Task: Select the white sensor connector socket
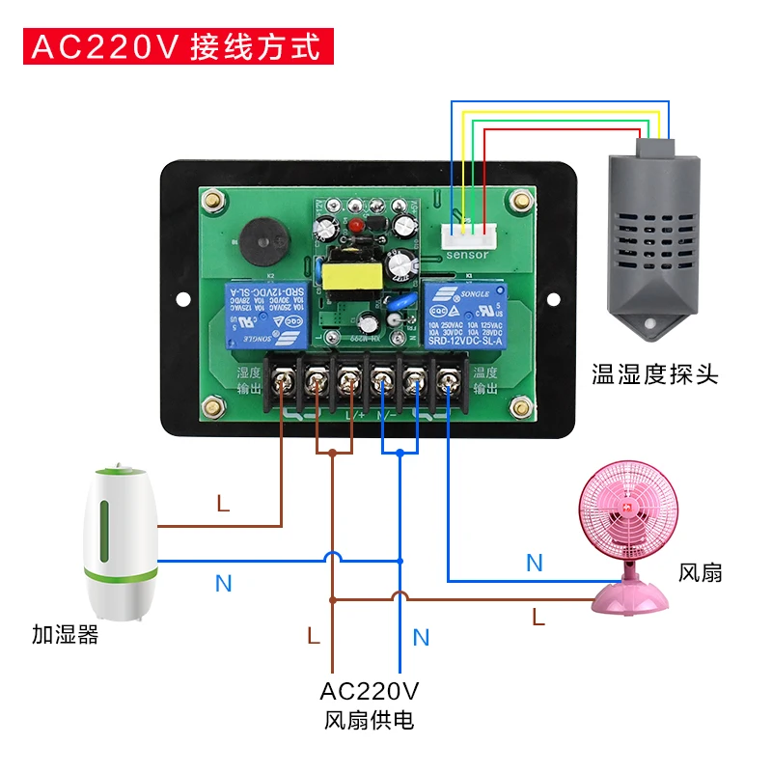(x=463, y=234)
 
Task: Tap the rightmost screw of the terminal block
(x=448, y=383)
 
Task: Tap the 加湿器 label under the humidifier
(x=65, y=636)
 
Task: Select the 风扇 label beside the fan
(x=701, y=572)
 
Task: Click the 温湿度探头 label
(x=655, y=373)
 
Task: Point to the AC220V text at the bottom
(x=370, y=691)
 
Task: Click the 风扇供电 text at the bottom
(x=370, y=720)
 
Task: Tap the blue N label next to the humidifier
(x=223, y=583)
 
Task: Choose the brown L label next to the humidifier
(x=223, y=504)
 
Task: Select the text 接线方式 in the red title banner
(x=256, y=47)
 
